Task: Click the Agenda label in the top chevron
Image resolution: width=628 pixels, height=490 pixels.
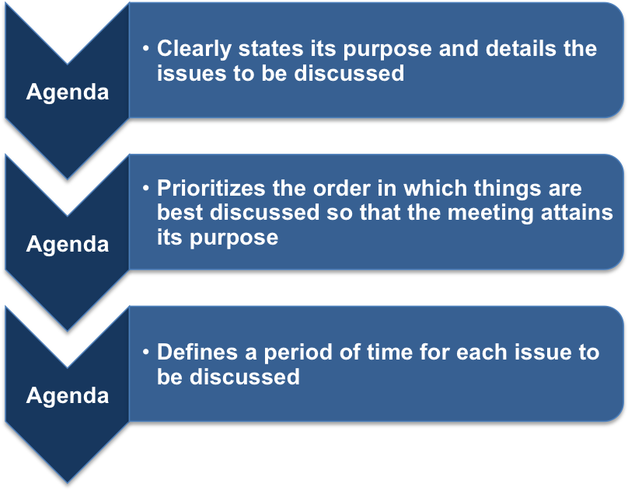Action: click(67, 92)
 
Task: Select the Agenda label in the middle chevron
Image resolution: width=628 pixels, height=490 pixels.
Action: click(67, 244)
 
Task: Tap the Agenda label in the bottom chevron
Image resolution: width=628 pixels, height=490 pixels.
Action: click(67, 395)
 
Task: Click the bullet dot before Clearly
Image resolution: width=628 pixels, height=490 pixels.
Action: click(146, 49)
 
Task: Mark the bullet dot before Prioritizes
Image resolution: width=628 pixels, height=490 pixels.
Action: click(146, 189)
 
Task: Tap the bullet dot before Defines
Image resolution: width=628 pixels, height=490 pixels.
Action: click(146, 353)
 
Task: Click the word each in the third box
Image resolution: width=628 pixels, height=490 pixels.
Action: click(484, 353)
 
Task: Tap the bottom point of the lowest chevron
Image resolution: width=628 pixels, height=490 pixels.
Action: click(67, 481)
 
